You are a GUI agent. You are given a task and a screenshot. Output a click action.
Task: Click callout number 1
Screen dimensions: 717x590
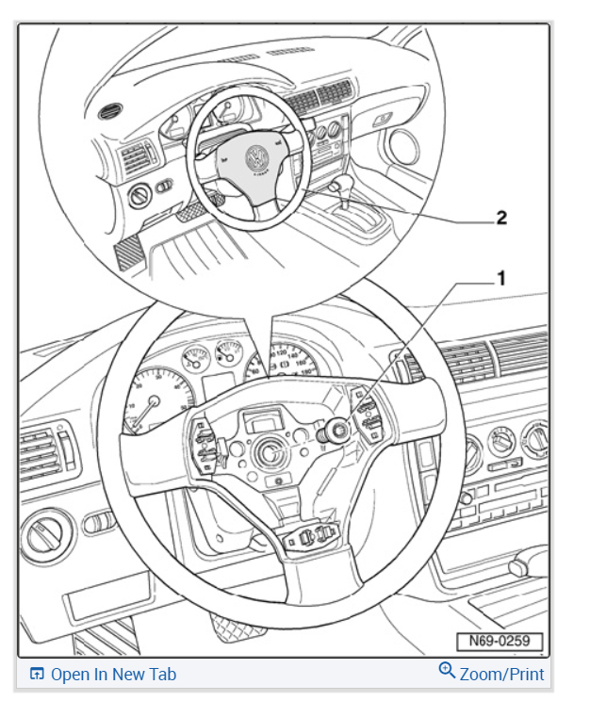501,278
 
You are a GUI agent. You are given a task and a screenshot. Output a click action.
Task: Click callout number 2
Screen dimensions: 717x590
501,218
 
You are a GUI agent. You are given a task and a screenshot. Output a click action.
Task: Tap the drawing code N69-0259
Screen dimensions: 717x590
500,643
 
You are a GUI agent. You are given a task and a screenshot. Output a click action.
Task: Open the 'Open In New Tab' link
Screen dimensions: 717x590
112,674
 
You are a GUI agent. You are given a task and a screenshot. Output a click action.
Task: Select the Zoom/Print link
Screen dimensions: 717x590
501,674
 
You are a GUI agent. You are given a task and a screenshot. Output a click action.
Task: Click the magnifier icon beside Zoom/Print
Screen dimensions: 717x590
448,671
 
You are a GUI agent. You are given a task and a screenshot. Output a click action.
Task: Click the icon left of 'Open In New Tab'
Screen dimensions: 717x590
37,674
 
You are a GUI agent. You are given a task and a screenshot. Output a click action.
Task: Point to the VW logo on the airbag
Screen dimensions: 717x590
254,157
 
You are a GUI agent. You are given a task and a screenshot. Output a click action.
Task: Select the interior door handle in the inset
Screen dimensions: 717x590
383,119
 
